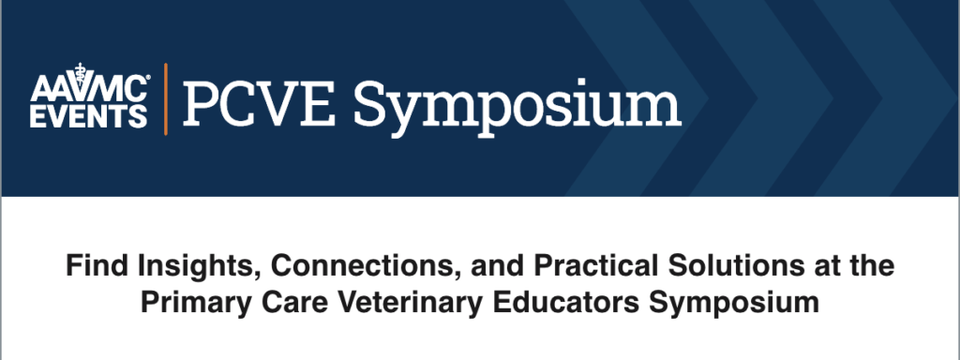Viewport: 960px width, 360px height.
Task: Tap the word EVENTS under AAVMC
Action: [x=89, y=115]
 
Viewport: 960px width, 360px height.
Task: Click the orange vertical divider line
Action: [x=165, y=97]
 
